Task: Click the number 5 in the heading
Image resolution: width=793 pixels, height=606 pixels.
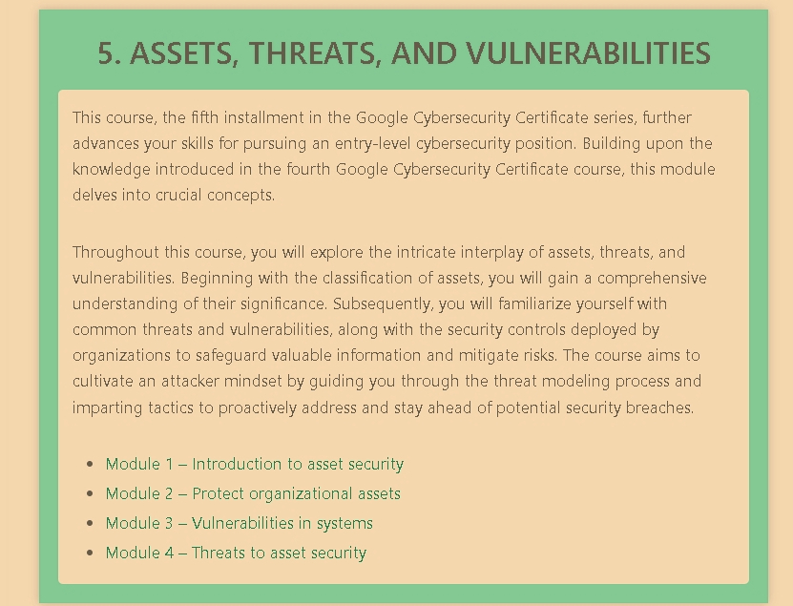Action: point(107,53)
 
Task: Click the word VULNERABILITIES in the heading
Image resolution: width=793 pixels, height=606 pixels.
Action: point(588,53)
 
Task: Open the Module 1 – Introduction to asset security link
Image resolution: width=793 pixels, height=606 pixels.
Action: point(255,464)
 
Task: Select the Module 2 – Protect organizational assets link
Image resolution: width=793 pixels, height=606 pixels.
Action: point(253,493)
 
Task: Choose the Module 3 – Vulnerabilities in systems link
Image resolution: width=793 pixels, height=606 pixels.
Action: point(240,523)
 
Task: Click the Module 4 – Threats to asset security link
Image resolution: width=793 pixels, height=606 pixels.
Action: point(236,553)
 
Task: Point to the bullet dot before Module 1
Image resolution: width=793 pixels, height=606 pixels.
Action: point(90,464)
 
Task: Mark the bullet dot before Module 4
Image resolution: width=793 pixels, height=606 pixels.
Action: point(90,553)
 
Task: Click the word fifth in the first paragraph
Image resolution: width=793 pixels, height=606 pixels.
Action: point(205,117)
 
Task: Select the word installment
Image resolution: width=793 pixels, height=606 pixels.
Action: point(264,117)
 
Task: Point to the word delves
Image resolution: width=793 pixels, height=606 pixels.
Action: point(94,195)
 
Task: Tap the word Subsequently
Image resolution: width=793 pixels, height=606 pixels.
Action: point(384,303)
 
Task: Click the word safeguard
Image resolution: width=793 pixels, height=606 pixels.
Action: point(231,355)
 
